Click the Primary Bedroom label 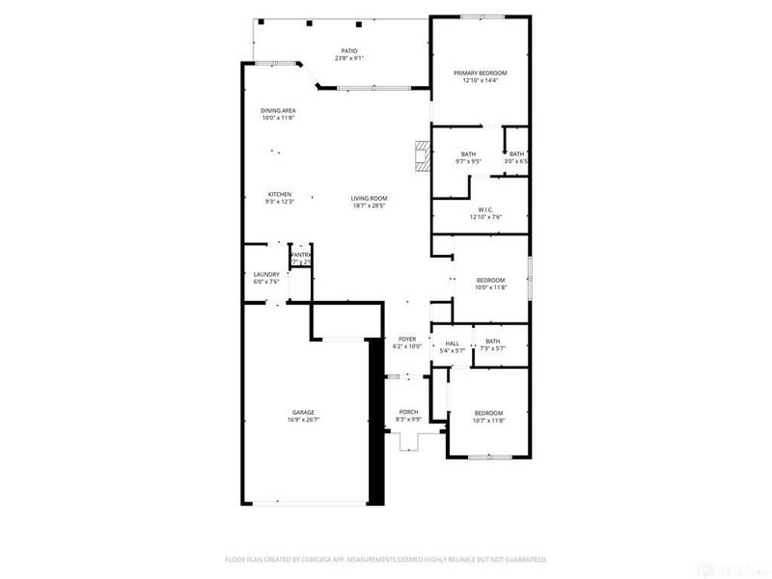click(480, 73)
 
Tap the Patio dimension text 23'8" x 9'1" click(348, 59)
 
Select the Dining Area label click(278, 111)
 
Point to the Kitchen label click(279, 193)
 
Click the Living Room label click(369, 198)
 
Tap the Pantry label click(301, 255)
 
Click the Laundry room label click(266, 274)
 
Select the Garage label click(303, 412)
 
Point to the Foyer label click(407, 339)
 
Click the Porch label click(408, 412)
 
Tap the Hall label click(452, 344)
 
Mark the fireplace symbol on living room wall click(421, 156)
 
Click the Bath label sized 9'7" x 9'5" click(468, 154)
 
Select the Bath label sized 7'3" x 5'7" click(493, 341)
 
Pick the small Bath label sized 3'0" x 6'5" click(517, 154)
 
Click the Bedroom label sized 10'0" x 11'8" click(490, 280)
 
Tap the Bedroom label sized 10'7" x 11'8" click(488, 413)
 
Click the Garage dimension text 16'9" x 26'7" click(303, 420)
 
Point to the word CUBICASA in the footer click(339, 559)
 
